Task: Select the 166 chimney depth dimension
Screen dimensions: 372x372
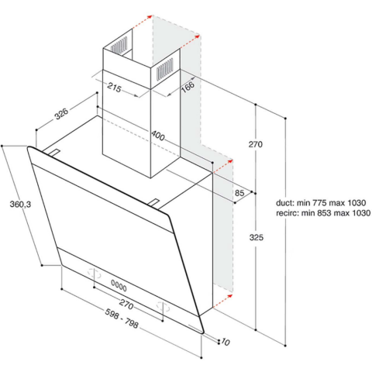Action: [x=188, y=87]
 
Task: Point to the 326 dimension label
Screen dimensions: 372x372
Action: [x=61, y=114]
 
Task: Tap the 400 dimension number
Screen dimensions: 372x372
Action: [x=158, y=136]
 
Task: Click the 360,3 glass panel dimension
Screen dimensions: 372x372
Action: [x=20, y=205]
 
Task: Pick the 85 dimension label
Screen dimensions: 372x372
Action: [x=239, y=193]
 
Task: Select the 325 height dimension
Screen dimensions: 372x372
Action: [x=257, y=237]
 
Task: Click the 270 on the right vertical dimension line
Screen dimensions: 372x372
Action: [x=256, y=144]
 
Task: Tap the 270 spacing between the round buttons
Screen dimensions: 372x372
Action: [x=126, y=304]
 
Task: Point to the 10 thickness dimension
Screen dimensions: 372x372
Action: [x=226, y=343]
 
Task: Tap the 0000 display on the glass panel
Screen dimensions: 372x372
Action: [x=119, y=285]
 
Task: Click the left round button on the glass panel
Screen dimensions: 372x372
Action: [x=95, y=274]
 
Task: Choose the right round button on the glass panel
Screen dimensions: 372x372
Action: [x=164, y=306]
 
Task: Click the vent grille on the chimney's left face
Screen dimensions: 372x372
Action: [x=119, y=45]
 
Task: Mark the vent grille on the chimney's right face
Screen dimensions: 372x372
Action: [x=165, y=69]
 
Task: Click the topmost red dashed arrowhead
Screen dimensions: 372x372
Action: [x=150, y=17]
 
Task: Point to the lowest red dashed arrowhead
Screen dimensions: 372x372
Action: [x=229, y=296]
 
